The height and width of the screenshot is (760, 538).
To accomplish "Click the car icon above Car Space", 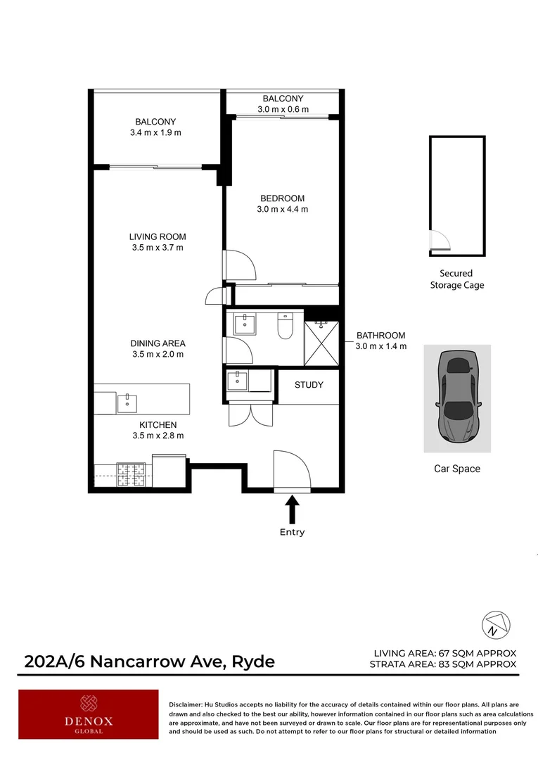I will tap(456, 398).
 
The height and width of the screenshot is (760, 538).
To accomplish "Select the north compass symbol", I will tap(494, 623).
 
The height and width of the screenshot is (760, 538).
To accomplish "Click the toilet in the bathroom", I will tap(286, 325).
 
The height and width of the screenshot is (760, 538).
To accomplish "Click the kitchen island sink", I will tap(127, 403).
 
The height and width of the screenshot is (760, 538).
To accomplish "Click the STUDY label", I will tap(309, 385).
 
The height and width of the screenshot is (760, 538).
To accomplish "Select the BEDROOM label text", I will tap(281, 198).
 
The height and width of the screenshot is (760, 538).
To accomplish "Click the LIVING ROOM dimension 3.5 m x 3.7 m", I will tap(158, 248).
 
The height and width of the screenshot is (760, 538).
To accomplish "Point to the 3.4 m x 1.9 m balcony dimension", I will tap(155, 132).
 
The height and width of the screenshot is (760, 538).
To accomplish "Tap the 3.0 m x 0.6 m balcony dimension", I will tap(283, 110).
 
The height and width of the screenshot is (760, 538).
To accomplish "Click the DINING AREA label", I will tap(158, 343).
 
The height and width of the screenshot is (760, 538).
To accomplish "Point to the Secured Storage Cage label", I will tap(456, 279).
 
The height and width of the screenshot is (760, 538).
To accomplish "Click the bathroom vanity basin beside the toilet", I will tap(247, 324).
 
